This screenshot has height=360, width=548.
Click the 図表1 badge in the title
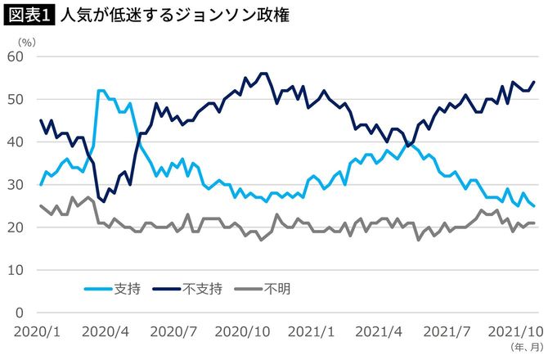click(x=29, y=16)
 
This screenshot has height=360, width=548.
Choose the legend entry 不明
click(x=276, y=287)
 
